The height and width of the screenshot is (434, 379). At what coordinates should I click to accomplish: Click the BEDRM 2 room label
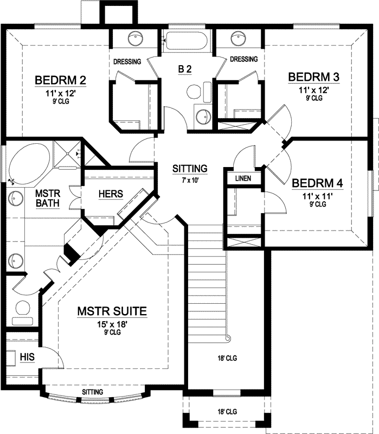click(60, 81)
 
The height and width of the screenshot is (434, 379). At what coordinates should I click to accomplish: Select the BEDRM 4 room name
click(317, 183)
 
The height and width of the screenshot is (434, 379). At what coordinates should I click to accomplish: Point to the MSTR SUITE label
click(112, 311)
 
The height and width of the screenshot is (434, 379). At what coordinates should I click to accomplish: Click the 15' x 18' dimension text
click(112, 324)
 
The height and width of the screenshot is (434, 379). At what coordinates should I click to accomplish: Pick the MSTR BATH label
click(47, 198)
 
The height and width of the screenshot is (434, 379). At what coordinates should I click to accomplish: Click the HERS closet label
click(111, 194)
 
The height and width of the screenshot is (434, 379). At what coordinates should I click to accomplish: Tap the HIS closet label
click(27, 356)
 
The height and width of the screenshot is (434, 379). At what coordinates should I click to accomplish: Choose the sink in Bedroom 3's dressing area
click(237, 39)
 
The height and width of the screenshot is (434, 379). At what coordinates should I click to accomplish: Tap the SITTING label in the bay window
click(92, 392)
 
